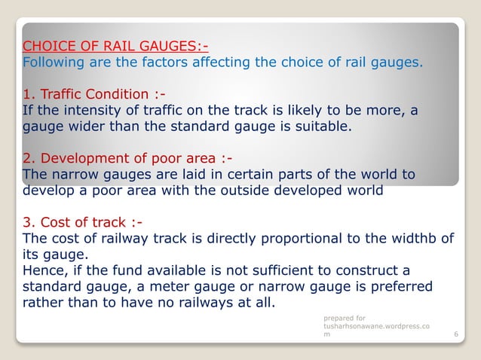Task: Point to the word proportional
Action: tap(292, 239)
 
